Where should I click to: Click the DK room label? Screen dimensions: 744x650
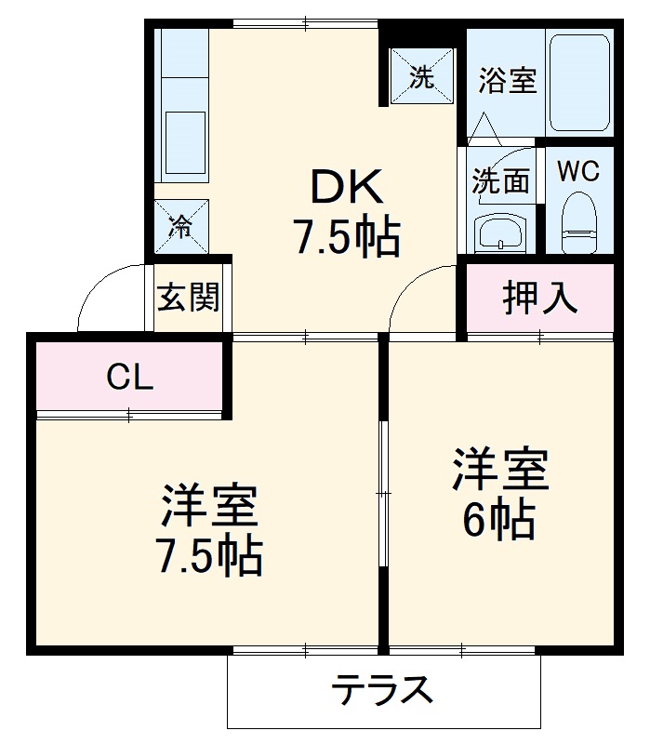346,190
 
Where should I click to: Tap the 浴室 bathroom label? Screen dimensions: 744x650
507,81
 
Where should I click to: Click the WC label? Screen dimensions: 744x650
577,171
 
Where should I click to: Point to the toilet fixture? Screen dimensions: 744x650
578,223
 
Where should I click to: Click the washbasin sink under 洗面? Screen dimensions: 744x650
500,233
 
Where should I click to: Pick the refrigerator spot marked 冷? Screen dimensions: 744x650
180,224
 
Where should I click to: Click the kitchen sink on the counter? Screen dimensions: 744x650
183,139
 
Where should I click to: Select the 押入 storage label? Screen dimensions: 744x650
540,298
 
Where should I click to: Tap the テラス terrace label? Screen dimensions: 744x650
383,691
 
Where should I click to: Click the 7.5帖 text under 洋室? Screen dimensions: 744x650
208,555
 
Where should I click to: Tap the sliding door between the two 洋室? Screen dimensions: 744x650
382,491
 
